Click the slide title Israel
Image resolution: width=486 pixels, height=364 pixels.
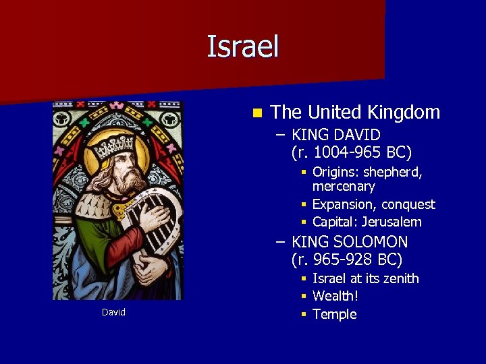click(x=242, y=47)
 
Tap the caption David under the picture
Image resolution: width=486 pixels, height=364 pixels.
click(x=113, y=312)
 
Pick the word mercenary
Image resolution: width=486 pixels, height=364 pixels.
click(x=344, y=186)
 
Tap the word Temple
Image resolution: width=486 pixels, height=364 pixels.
click(x=335, y=314)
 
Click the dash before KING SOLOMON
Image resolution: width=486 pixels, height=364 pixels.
click(x=279, y=242)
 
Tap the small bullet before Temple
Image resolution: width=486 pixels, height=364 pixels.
click(x=304, y=314)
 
